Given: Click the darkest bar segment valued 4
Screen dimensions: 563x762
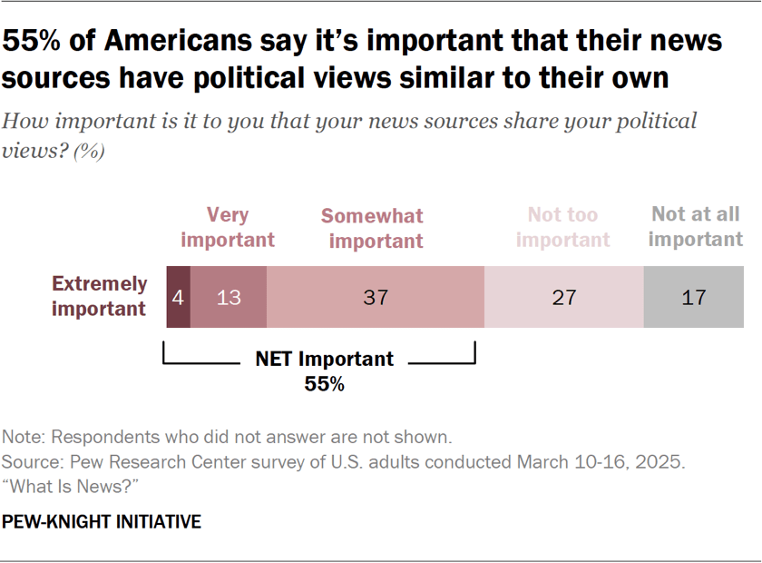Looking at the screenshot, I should tap(178, 297).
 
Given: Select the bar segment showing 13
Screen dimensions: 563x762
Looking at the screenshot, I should tap(229, 297).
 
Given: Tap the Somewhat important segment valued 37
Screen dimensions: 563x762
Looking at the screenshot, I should tap(375, 297).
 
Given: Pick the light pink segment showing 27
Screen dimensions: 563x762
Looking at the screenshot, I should tap(563, 297).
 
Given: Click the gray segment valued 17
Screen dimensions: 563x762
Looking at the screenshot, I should tap(694, 297).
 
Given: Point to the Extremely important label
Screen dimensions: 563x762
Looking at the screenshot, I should tap(99, 296).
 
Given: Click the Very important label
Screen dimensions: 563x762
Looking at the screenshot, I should tap(227, 227).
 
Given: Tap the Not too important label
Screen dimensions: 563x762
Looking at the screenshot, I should tap(563, 227).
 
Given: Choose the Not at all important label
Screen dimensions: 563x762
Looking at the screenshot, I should tap(695, 227).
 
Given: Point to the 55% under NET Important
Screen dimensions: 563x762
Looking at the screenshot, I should tap(324, 384).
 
